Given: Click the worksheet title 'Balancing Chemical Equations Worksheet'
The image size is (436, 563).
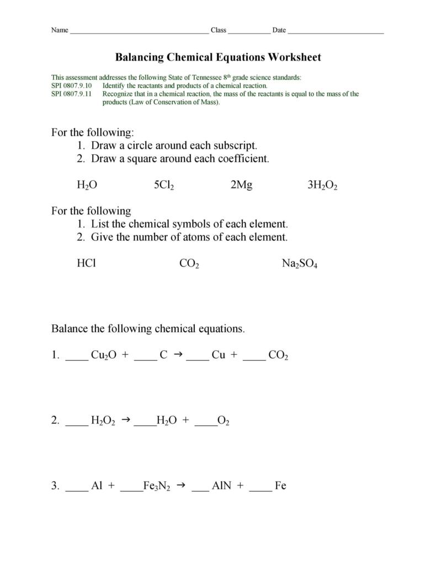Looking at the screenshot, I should click(x=217, y=57).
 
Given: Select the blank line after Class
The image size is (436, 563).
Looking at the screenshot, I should click(x=249, y=32).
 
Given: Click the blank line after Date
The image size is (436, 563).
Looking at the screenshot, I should click(x=336, y=32).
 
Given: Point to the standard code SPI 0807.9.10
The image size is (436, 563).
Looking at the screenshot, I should click(x=72, y=86).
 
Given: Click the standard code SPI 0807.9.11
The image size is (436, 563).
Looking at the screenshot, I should click(x=72, y=94).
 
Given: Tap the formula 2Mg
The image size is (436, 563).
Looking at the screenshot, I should click(x=241, y=185).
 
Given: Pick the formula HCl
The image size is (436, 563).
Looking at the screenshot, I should click(x=86, y=263).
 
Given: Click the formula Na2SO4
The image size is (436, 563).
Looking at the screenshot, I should click(x=299, y=264).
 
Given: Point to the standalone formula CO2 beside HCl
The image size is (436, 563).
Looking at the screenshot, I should click(x=189, y=264).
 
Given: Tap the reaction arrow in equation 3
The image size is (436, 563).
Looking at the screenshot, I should click(x=180, y=486).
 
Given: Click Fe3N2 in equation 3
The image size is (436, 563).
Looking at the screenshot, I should click(x=156, y=486).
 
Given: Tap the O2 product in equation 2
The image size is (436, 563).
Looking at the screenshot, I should click(x=223, y=421).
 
